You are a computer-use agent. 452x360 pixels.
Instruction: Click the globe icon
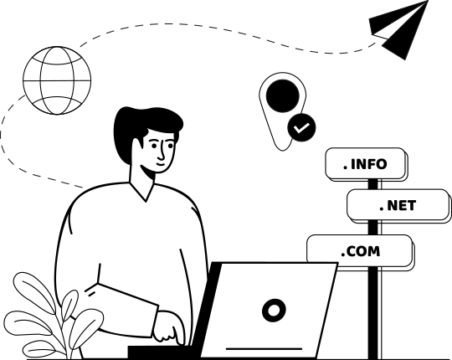pyautogui.click(x=57, y=80)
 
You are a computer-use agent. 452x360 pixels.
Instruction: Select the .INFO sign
pyautogui.click(x=365, y=164)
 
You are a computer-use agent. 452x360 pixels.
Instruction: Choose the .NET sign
pyautogui.click(x=398, y=205)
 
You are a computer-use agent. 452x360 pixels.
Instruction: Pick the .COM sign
pyautogui.click(x=360, y=251)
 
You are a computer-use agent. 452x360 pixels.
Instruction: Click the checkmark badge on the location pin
pyautogui.click(x=301, y=127)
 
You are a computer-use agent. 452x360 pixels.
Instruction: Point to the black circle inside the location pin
pyautogui.click(x=283, y=96)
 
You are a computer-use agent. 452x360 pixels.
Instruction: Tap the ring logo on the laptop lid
pyautogui.click(x=274, y=311)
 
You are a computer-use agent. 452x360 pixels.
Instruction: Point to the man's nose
pyautogui.click(x=162, y=152)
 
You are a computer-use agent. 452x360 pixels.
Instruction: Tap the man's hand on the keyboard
pyautogui.click(x=168, y=327)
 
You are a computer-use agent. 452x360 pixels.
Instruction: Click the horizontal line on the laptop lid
pyautogui.click(x=264, y=349)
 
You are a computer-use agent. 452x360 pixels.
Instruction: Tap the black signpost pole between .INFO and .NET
pyautogui.click(x=372, y=184)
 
